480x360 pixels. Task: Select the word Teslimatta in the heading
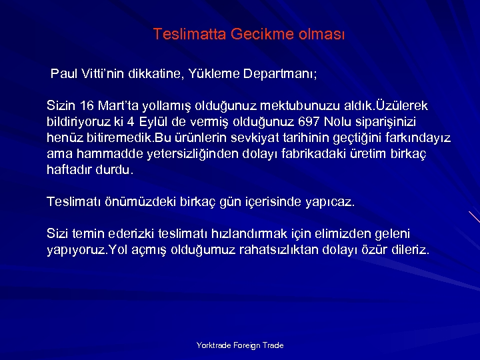[x=189, y=34]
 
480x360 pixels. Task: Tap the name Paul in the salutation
[x=65, y=73]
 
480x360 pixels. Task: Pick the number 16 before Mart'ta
[x=87, y=106]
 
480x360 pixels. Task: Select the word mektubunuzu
[x=294, y=106]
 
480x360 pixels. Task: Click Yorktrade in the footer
[x=214, y=345]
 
